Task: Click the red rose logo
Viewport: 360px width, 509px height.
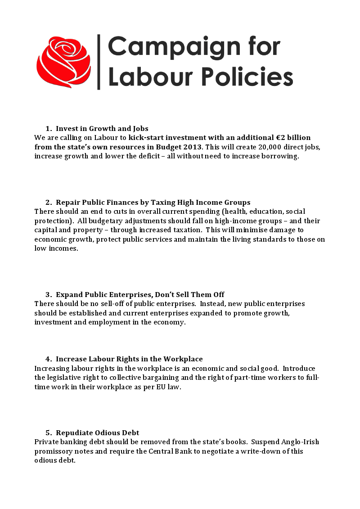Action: point(63,62)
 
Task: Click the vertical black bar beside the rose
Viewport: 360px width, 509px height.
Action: point(99,62)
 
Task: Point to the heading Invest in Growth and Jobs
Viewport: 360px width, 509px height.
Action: point(102,129)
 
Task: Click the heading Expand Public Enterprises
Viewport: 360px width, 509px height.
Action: point(140,295)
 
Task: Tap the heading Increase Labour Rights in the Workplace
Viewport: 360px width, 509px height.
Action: point(129,359)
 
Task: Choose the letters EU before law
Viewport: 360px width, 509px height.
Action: point(163,387)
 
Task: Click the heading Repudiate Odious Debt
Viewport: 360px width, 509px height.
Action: point(98,433)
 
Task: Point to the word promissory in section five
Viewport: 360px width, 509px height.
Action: point(54,451)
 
